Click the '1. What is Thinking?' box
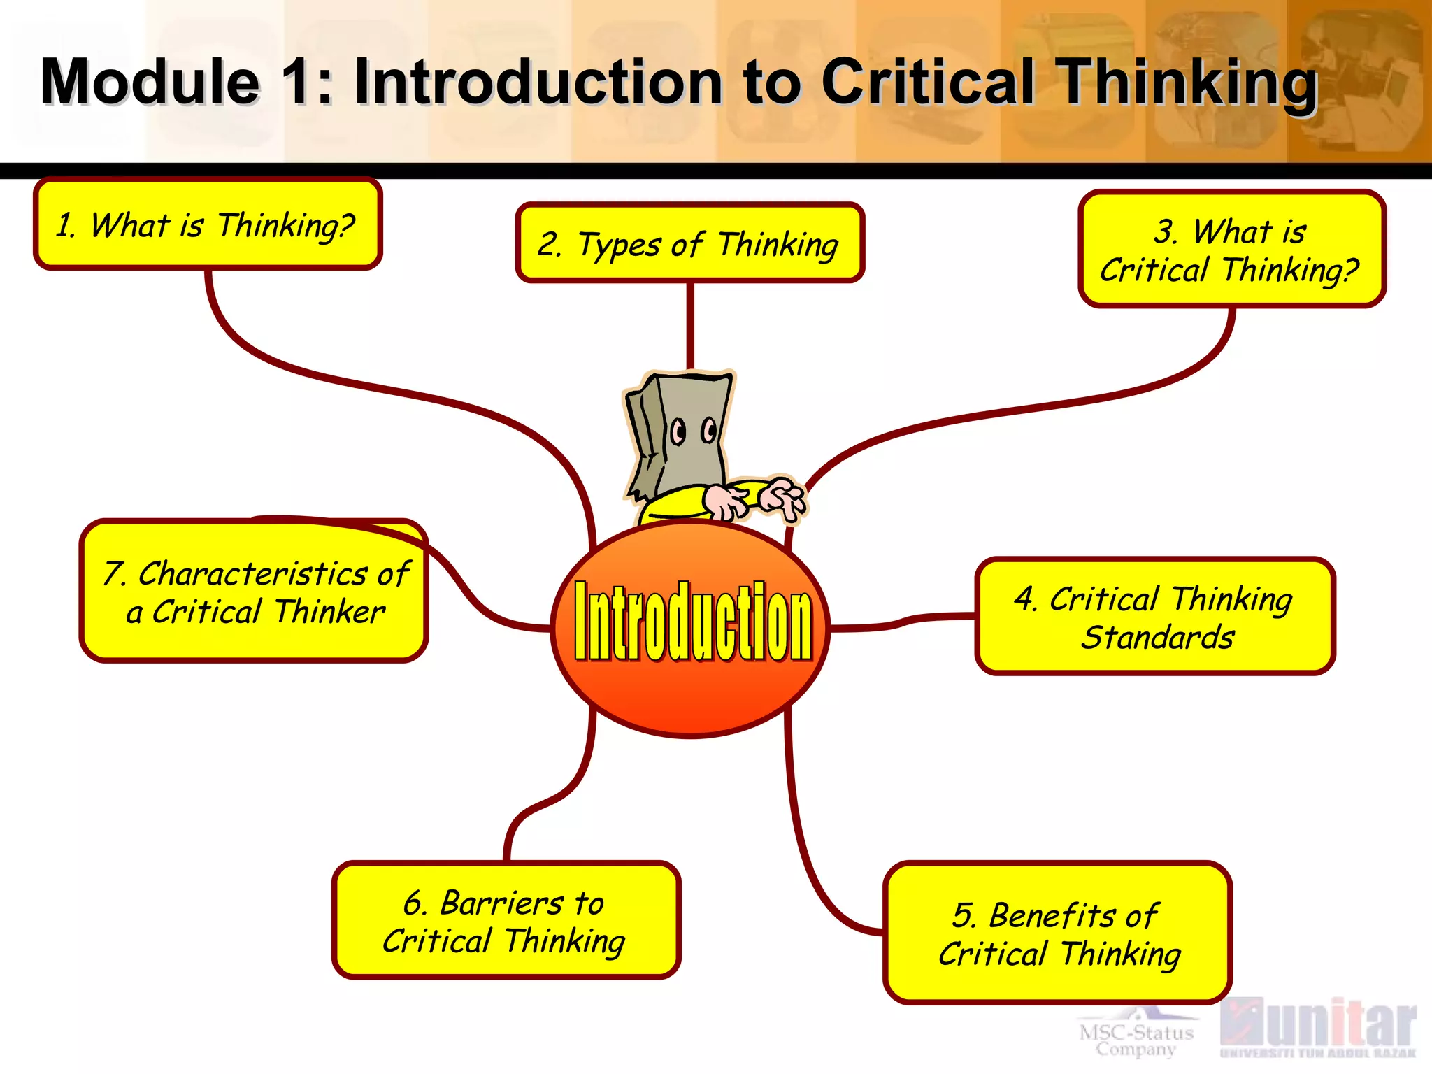pos(207,224)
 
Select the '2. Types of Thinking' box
pos(689,243)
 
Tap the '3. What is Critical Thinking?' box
pos(1231,250)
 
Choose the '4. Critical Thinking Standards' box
pos(1154,617)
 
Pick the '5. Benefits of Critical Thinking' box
pos(1057,933)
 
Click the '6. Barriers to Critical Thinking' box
pos(506,920)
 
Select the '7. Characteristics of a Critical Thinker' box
pos(254,592)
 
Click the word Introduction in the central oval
pos(692,622)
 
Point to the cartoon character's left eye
pos(678,431)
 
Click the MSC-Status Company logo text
pos(1136,1039)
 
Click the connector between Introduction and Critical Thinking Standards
pos(902,621)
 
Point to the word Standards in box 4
pos(1157,637)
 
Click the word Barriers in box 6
pos(501,903)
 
